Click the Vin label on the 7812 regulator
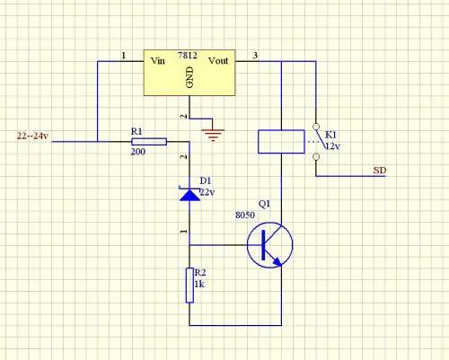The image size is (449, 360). [x=158, y=61]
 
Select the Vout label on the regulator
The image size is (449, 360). [x=218, y=61]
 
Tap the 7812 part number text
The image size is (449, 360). [x=188, y=56]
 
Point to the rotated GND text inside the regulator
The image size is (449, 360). [x=189, y=77]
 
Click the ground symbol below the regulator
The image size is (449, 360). [x=213, y=135]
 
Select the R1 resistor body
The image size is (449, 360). [x=149, y=142]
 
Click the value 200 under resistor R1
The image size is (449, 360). [x=138, y=152]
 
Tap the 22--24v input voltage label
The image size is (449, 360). [x=32, y=136]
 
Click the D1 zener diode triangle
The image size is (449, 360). [x=189, y=195]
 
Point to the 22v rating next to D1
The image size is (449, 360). [x=207, y=192]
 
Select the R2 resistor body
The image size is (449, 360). [x=189, y=285]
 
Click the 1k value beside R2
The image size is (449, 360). [x=199, y=284]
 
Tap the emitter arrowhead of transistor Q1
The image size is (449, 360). [x=277, y=261]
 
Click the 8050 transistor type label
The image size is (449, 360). [x=245, y=215]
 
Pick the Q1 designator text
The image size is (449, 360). [x=264, y=204]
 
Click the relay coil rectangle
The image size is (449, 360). [x=281, y=142]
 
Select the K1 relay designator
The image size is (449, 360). [x=330, y=135]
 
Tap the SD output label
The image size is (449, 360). [x=380, y=171]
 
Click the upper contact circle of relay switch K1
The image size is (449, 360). [x=316, y=127]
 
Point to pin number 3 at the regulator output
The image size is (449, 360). [x=255, y=56]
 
